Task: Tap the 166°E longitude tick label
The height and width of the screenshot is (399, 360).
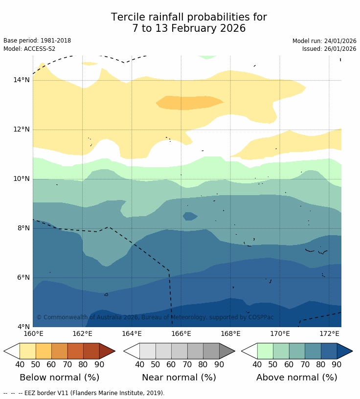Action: (181, 334)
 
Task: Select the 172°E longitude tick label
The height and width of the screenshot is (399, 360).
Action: (329, 334)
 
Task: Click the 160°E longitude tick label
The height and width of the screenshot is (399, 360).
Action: (33, 334)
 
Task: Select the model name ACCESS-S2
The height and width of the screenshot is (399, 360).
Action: (39, 49)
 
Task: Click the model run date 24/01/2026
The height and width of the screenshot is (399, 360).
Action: (340, 41)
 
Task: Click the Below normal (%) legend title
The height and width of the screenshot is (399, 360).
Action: (59, 377)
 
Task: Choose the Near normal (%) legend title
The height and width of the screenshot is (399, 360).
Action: (179, 377)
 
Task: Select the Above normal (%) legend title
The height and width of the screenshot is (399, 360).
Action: (297, 377)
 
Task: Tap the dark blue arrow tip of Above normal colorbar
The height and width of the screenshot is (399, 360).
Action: (345, 351)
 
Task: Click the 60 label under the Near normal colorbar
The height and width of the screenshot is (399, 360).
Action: (171, 364)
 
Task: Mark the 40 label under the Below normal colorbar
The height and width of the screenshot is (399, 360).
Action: (20, 364)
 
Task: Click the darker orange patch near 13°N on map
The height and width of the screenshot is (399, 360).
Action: (188, 102)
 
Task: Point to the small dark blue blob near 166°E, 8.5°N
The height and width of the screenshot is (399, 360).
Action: (190, 216)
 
